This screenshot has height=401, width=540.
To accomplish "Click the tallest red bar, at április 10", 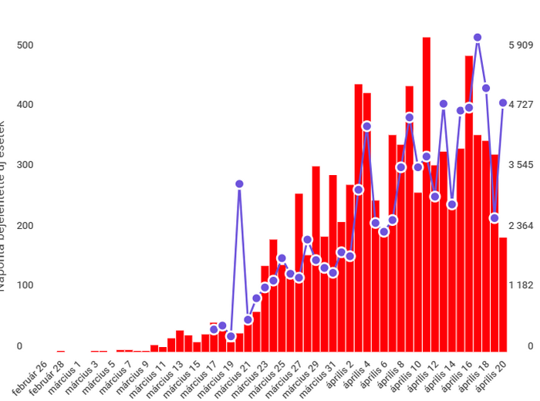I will (427, 193).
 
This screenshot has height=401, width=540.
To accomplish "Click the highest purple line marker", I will (478, 37).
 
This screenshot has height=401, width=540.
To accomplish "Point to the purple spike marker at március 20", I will (239, 184).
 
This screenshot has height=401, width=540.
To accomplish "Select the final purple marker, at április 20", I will (503, 103).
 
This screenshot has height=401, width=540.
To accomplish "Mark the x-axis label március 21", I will (236, 376).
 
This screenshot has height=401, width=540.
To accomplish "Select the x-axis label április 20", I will (494, 376).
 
